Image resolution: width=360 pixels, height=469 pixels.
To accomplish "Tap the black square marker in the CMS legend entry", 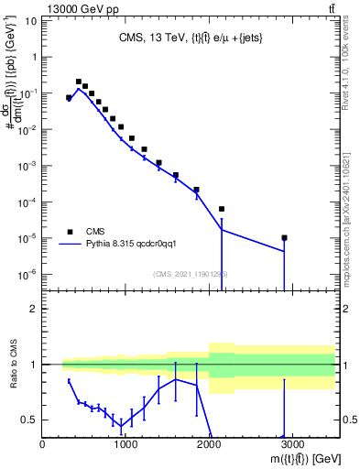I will coord(69,231).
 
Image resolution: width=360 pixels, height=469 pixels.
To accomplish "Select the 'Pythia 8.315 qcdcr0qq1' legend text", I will coord(136,245).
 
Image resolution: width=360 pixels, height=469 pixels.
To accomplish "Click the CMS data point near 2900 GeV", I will coord(284,238).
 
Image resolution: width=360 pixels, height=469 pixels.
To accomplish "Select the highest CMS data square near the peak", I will coord(79,82).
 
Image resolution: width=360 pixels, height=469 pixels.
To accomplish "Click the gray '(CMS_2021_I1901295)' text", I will coord(190,274).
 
